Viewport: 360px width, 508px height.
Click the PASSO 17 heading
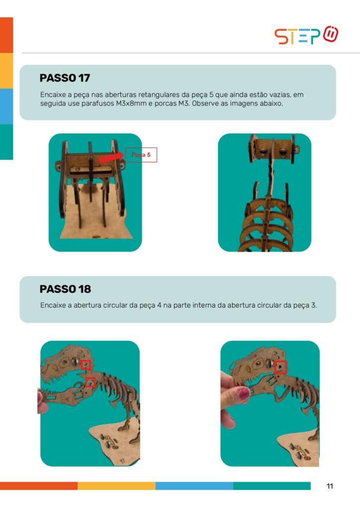[65, 78]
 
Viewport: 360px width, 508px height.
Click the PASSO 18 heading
[65, 289]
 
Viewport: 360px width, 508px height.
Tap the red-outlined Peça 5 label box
[141, 155]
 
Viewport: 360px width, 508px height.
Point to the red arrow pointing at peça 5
[112, 157]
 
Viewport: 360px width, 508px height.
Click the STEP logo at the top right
[306, 35]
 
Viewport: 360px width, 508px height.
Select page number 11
[330, 486]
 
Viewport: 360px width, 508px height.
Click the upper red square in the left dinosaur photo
[86, 365]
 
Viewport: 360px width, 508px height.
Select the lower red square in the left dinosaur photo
[90, 382]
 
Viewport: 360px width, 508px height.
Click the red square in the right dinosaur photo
[281, 368]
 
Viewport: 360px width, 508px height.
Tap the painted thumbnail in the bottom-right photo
[242, 393]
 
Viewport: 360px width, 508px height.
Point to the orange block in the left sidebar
[6, 35]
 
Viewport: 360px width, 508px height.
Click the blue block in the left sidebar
[6, 106]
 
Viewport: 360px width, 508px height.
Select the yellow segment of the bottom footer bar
[116, 486]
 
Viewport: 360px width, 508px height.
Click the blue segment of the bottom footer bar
[194, 486]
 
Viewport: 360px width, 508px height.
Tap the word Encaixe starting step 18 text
[53, 305]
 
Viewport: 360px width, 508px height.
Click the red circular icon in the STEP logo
[331, 34]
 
